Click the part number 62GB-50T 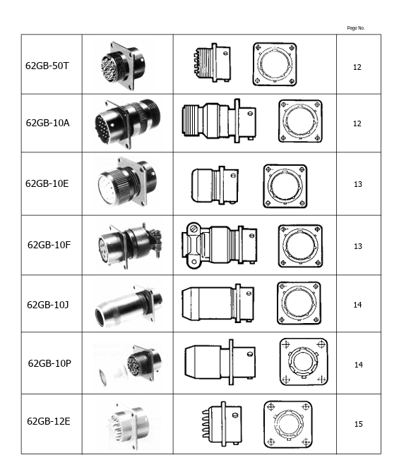tap(47, 66)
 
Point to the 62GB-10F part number tap(49, 245)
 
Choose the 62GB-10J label tap(48, 305)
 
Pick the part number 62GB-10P tap(49, 363)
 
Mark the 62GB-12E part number tap(48, 422)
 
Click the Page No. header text tap(355, 28)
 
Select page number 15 tap(358, 424)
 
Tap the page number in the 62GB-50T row tap(357, 68)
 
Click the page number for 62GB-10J tap(358, 305)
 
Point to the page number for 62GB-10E tap(358, 184)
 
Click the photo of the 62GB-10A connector tap(127, 123)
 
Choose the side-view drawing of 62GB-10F tap(219, 245)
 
